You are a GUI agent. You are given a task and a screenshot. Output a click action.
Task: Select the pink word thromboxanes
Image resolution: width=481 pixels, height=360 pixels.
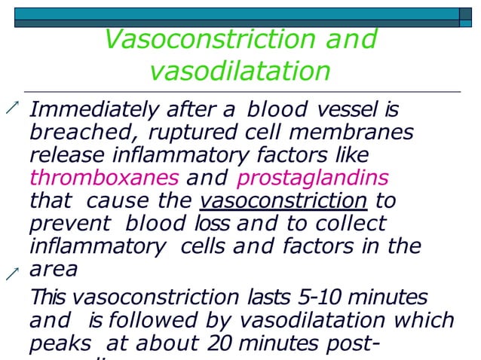pyautogui.click(x=104, y=179)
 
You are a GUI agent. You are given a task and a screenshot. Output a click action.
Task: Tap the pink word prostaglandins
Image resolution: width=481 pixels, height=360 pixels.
pyautogui.click(x=313, y=179)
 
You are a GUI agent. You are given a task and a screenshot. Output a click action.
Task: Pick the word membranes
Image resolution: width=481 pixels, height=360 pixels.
pyautogui.click(x=354, y=134)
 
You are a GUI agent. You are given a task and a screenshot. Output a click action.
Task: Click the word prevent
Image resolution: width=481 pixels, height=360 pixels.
pyautogui.click(x=63, y=224)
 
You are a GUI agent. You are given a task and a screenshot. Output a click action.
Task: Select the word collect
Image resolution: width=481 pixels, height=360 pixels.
pyautogui.click(x=354, y=224)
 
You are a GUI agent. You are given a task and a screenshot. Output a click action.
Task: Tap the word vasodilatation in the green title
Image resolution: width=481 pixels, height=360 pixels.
pyautogui.click(x=240, y=71)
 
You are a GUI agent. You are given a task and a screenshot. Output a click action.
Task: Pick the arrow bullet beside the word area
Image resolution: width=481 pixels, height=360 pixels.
pyautogui.click(x=11, y=274)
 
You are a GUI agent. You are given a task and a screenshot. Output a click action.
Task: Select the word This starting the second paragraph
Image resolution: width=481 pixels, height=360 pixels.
pyautogui.click(x=48, y=297)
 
